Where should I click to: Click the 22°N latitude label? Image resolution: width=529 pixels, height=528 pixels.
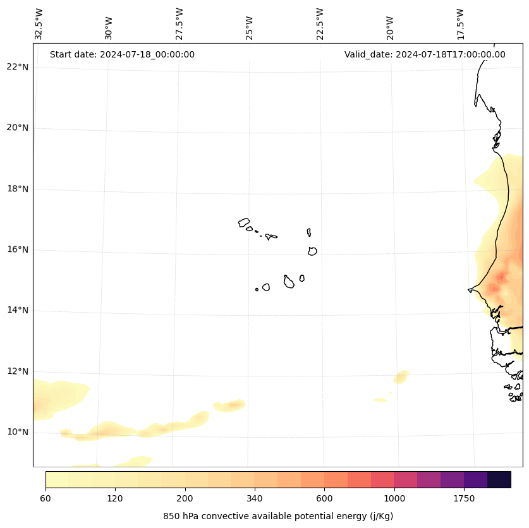18,68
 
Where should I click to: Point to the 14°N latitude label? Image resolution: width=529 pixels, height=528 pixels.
18,311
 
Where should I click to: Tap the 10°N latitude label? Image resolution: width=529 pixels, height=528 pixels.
18,433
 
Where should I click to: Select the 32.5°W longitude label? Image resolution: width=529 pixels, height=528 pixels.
39,23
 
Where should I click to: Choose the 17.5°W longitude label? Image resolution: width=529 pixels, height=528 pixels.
461,23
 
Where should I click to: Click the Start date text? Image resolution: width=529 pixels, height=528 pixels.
122,54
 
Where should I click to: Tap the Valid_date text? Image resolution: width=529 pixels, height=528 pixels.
425,54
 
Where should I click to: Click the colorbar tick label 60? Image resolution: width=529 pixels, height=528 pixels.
46,499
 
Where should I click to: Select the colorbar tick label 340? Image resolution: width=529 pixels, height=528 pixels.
255,499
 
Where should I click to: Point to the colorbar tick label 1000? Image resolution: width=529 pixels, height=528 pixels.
394,499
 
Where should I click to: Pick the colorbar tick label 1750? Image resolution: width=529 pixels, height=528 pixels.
464,499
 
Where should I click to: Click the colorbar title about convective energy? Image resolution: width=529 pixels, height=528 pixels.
278,516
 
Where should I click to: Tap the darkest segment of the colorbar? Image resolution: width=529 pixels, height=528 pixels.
499,479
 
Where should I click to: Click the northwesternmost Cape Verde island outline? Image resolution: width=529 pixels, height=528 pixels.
244,222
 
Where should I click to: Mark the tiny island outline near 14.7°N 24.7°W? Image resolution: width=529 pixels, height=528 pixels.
257,289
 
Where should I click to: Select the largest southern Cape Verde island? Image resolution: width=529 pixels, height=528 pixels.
289,282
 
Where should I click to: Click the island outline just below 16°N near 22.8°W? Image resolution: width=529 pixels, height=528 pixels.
312,251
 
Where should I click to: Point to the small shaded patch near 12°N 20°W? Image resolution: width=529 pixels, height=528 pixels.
401,377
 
